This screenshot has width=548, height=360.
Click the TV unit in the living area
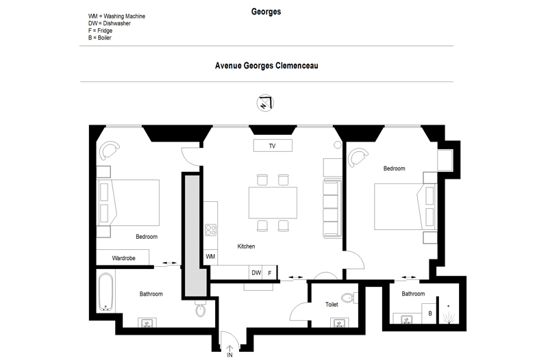point(273,146)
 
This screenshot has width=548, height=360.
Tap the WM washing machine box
point(210,257)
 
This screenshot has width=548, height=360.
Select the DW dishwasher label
point(256,272)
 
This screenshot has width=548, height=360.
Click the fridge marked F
point(269,272)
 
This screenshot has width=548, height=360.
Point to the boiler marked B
point(429,313)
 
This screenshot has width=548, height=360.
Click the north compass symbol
point(265,103)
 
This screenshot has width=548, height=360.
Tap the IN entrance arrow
point(229,348)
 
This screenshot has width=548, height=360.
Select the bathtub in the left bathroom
point(105,292)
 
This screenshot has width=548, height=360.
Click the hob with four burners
point(210,230)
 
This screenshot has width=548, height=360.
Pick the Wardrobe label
point(124,258)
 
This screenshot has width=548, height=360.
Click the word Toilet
point(332,305)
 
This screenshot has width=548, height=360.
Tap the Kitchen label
point(246,246)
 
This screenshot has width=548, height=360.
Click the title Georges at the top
point(266,12)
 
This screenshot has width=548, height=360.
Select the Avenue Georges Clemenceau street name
point(266,66)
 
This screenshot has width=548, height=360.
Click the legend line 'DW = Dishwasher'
point(110,23)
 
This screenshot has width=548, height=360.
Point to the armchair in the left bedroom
point(109,149)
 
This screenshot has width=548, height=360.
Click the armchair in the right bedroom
point(358,157)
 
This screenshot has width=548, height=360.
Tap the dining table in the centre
point(273,203)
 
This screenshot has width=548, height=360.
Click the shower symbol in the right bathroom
point(449,316)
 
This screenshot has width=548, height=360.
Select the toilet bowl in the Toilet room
point(349,298)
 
